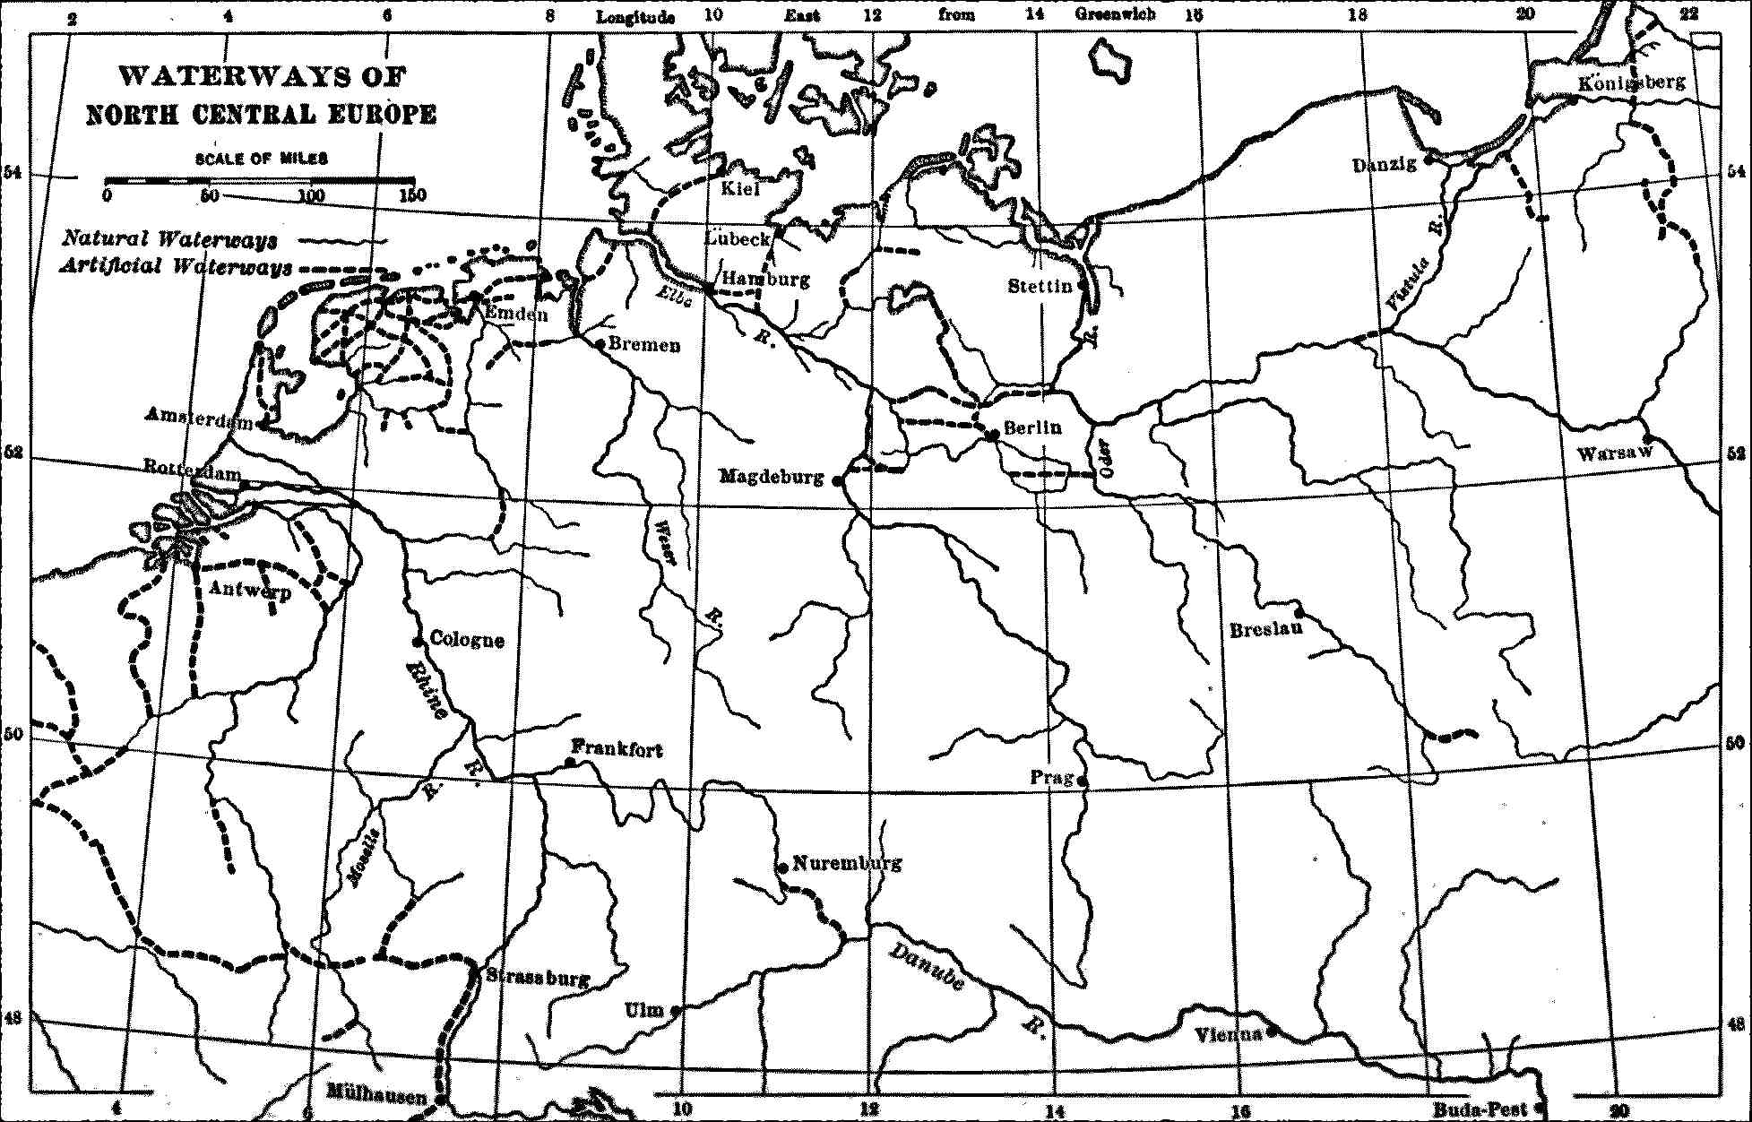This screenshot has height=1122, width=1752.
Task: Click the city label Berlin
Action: [x=1032, y=428]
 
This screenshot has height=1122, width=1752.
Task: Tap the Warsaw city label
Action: [x=1614, y=453]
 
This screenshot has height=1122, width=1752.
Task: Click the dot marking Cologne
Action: [x=417, y=642]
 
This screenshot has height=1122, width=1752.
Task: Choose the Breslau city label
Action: [x=1265, y=629]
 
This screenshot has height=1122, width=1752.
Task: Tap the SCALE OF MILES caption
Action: [x=262, y=159]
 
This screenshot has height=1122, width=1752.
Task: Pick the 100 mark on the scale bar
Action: [x=311, y=195]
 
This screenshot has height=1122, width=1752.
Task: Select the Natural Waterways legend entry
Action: [x=168, y=239]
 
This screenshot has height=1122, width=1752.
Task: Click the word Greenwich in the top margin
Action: [x=1115, y=13]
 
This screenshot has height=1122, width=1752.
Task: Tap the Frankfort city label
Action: [x=617, y=748]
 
